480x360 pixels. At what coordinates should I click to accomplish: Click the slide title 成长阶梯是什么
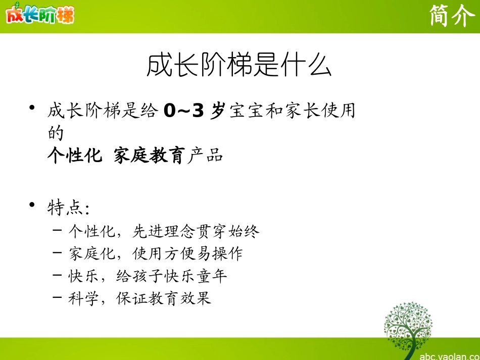(239, 66)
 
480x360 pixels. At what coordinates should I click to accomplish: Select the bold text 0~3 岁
(194, 111)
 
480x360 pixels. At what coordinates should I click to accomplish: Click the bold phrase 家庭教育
(149, 156)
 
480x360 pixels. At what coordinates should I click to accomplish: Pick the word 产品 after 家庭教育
(205, 156)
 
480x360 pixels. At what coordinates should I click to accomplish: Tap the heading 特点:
(69, 208)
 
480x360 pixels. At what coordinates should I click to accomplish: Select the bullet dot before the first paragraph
(32, 108)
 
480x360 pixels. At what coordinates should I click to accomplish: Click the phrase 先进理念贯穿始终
(196, 232)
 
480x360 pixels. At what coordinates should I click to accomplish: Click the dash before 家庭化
(57, 253)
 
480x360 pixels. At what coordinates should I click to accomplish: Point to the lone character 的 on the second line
(55, 133)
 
